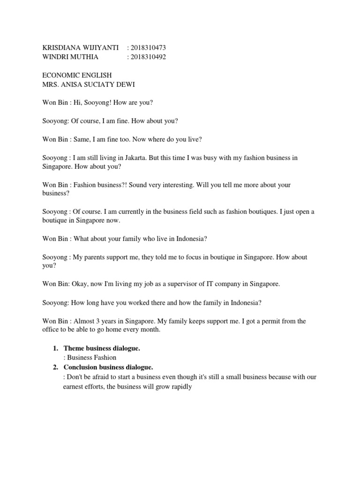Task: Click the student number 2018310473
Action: point(149,48)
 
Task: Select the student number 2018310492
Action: point(149,57)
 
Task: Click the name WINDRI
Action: point(55,57)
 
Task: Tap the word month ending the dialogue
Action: point(150,330)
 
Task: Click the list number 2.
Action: point(55,367)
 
